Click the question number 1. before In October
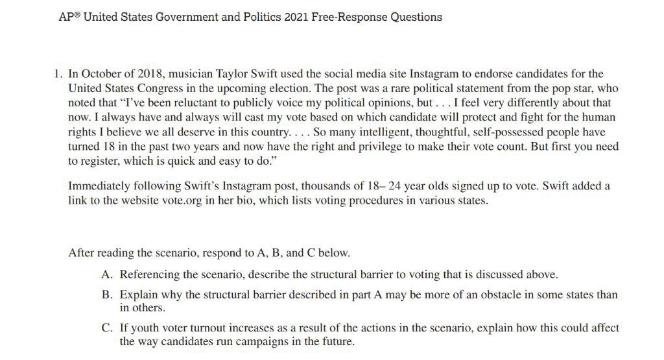pyautogui.click(x=58, y=74)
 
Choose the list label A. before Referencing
pyautogui.click(x=108, y=274)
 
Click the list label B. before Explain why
pyautogui.click(x=108, y=294)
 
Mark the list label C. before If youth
pyautogui.click(x=108, y=328)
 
